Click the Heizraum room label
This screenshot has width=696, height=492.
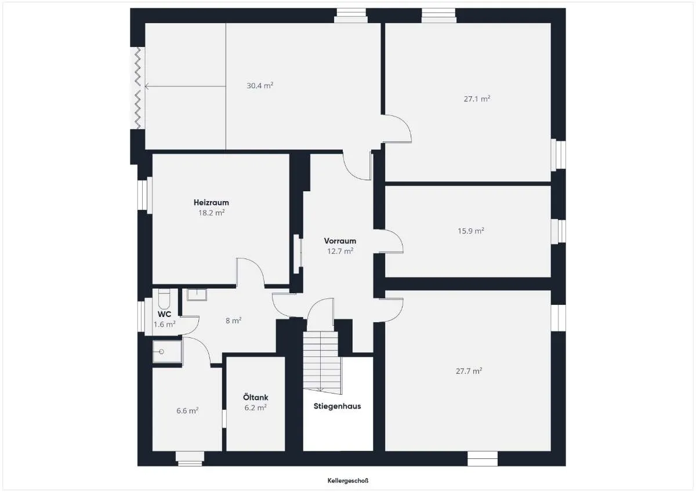(211, 202)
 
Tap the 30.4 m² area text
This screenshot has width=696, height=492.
(260, 85)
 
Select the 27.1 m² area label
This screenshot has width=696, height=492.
(477, 99)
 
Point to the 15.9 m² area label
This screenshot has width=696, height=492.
(471, 231)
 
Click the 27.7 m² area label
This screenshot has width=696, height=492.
(469, 371)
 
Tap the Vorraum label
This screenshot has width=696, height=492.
(340, 241)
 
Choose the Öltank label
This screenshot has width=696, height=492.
(255, 398)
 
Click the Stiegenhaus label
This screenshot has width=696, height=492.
(337, 406)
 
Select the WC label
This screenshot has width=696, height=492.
(164, 314)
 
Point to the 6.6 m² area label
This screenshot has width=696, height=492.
(187, 411)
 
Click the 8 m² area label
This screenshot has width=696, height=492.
(233, 320)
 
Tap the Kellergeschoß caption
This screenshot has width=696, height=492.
(348, 481)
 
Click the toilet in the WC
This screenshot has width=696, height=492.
(164, 298)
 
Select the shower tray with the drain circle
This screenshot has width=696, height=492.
(167, 351)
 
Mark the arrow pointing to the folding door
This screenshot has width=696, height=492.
(185, 86)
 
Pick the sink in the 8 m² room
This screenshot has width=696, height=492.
(197, 294)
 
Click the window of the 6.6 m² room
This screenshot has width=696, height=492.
(190, 458)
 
